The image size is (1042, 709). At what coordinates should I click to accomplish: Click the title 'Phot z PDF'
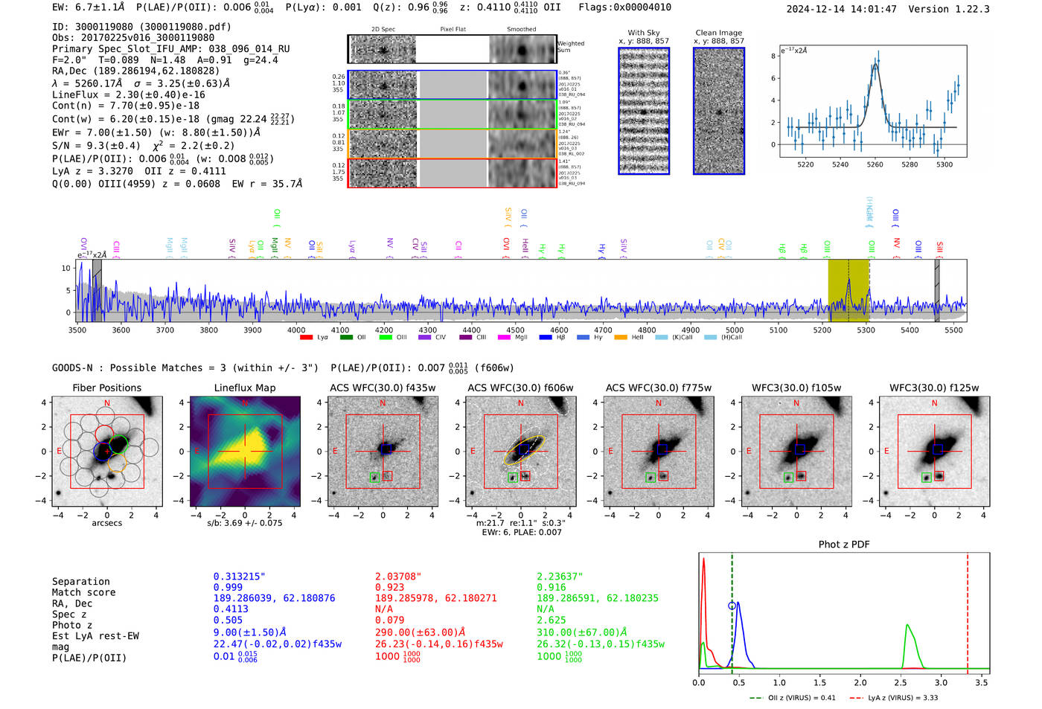point(844,545)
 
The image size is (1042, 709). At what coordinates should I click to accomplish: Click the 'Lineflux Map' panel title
point(245,388)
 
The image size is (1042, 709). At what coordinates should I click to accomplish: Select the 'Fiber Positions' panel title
point(106,388)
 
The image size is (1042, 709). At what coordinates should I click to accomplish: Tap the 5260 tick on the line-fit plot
point(875,164)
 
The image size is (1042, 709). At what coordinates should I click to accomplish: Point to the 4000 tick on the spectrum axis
point(296,330)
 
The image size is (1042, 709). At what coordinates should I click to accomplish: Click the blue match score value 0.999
point(228,588)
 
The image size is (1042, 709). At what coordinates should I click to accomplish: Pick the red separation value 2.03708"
point(398,577)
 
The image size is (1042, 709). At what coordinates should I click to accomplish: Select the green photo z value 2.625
point(552,620)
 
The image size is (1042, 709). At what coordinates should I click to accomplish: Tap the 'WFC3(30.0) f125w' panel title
point(934,388)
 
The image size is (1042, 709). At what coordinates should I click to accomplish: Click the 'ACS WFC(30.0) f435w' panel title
point(383,388)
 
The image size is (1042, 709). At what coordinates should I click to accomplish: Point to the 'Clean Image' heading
point(718,33)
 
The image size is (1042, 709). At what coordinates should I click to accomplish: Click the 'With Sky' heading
point(643,33)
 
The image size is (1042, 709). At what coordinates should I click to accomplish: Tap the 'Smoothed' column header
point(521,29)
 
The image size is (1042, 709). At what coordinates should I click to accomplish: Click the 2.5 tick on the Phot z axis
point(901,682)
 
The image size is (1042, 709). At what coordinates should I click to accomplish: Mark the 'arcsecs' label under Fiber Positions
point(106,523)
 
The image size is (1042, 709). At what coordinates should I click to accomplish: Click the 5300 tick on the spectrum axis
point(866,330)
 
